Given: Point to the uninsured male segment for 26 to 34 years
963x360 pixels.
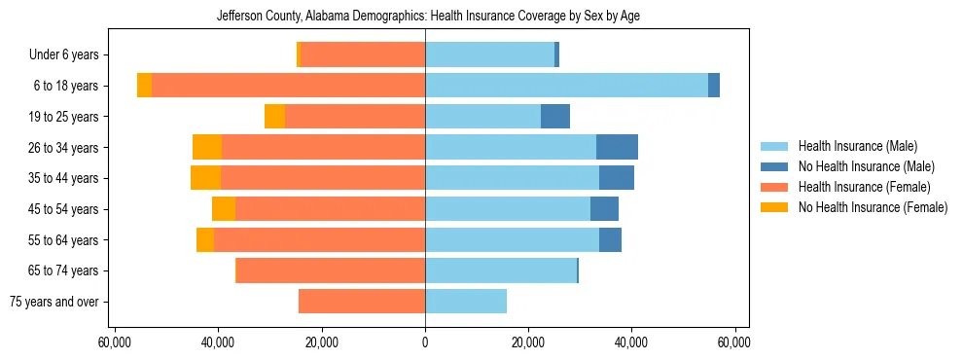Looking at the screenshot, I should coord(617,147).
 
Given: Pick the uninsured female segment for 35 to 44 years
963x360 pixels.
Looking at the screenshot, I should coord(205,178).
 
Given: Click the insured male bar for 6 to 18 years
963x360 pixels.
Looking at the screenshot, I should coord(566,86).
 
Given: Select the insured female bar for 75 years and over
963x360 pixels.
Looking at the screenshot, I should coord(362,302).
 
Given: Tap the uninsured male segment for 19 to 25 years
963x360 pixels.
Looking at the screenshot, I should coord(555,117).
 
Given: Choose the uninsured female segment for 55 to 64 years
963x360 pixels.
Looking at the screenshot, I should coord(205,239).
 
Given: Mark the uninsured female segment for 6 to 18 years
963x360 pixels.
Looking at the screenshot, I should coord(144,86).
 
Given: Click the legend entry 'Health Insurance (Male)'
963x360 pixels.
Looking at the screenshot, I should coord(857,146).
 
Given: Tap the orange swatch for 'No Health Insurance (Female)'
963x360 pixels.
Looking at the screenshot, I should coord(775,207).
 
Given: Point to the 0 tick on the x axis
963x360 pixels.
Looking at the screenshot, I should coord(425,342).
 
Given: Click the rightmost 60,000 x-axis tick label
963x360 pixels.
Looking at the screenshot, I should coord(734,342).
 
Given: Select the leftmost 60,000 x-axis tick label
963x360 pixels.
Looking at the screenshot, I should coord(115,342).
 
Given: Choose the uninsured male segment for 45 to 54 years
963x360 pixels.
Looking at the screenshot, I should coord(604,209).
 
